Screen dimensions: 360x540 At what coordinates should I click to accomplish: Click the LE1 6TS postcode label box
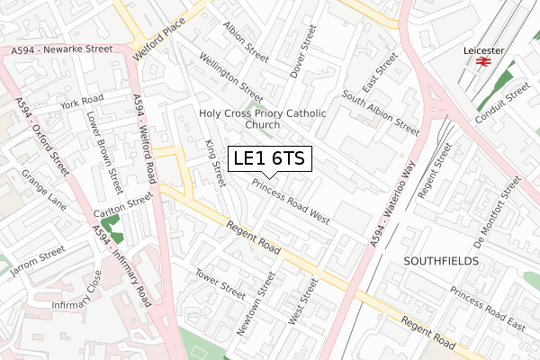click(269, 159)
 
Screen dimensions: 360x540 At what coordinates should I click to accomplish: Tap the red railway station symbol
click(482, 62)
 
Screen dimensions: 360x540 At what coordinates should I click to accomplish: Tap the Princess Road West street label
click(290, 201)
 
